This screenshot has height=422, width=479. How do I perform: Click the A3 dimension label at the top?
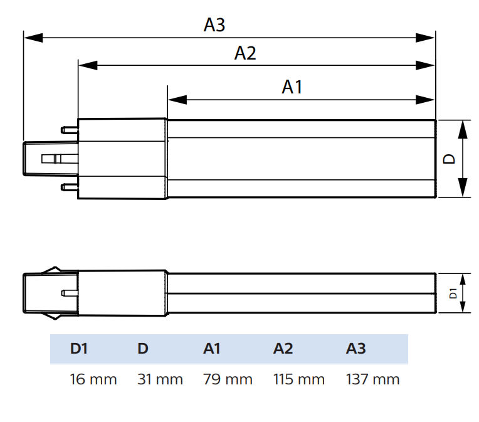tap(214, 25)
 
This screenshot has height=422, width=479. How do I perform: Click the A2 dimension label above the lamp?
tap(245, 53)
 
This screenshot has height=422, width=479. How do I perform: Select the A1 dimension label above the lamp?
tap(292, 87)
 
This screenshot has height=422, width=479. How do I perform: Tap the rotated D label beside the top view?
tap(450, 159)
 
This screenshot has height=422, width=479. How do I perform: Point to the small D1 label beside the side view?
tap(453, 293)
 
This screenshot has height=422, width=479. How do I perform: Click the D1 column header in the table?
tap(78, 349)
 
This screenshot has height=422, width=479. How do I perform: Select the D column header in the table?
tap(143, 349)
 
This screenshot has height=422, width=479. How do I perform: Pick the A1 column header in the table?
tap(212, 349)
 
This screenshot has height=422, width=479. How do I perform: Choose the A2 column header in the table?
tap(283, 349)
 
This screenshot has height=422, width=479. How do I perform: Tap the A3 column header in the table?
tap(355, 349)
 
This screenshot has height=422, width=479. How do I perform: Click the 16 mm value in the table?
tap(93, 379)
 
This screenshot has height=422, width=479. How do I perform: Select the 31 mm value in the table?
tap(160, 379)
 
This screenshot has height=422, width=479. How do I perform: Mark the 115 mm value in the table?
tap(299, 379)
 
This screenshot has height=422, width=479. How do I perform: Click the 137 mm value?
tap(372, 379)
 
